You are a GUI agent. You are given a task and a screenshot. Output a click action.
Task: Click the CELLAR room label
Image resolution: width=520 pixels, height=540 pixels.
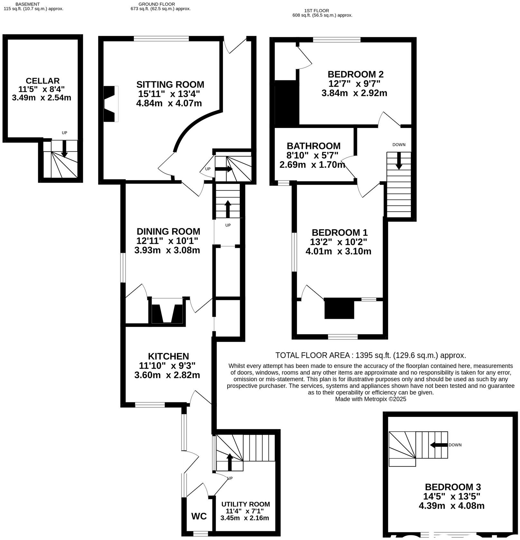coord(42,81)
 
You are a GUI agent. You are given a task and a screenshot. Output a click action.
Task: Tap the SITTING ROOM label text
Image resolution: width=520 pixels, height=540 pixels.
coord(170,85)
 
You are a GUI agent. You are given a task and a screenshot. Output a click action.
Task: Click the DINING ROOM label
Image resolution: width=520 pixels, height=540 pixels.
coord(168,232)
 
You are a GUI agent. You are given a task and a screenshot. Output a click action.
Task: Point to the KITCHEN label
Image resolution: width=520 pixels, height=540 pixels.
coord(168,356)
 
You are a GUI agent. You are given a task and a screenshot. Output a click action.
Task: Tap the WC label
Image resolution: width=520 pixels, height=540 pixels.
coord(199,517)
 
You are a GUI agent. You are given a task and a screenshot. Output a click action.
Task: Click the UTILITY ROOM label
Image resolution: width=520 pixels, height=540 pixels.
coord(245,504)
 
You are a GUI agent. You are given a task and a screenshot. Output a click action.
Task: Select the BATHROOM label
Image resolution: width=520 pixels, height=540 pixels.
coord(313,146)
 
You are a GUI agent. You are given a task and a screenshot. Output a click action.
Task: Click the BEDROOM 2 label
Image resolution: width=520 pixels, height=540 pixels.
coord(355,74)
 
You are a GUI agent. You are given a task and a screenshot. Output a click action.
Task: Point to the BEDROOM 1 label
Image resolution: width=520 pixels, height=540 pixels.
coord(339,233)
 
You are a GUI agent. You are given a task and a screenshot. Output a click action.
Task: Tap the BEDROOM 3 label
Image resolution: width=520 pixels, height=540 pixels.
coord(453,487)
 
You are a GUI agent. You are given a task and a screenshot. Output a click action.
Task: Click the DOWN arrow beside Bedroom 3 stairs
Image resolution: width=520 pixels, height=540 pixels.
coord(439,445)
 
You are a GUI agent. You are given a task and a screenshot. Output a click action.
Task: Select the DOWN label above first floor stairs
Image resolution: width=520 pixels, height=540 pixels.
coord(399,145)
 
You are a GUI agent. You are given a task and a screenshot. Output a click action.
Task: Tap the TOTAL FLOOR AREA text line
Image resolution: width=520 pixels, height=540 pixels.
coord(370,355)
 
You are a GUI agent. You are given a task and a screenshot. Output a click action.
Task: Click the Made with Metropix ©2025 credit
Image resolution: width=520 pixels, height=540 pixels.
coord(370,399)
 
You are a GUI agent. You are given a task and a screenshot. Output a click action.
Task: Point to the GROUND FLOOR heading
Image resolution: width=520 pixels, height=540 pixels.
coord(157,4)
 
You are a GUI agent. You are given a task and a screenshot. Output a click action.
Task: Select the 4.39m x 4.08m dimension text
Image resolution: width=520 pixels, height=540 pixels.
coord(451,506)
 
